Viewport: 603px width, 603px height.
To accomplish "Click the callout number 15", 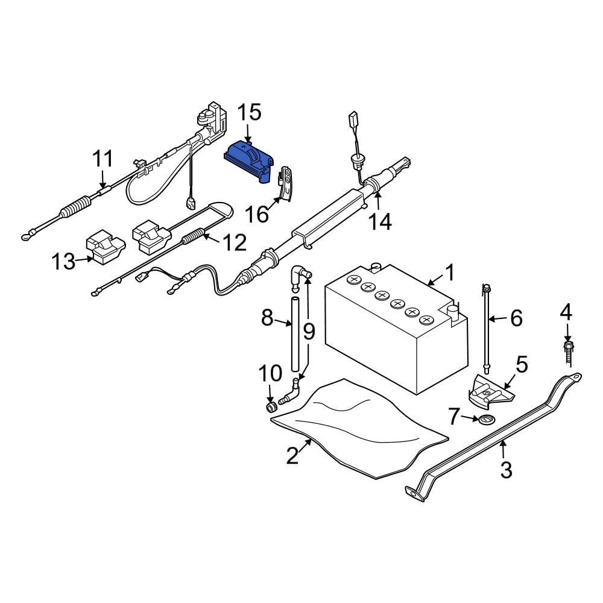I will click(248, 112).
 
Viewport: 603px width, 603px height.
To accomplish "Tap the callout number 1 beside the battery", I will click(450, 273).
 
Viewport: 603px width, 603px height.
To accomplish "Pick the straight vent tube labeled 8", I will click(295, 335).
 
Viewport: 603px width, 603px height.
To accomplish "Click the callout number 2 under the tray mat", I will click(292, 455).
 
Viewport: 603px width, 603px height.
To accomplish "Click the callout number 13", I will click(63, 262).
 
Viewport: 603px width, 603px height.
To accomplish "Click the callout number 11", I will click(103, 160).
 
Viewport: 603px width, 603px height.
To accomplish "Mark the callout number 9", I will click(309, 331).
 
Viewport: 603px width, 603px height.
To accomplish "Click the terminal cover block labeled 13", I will click(106, 248).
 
